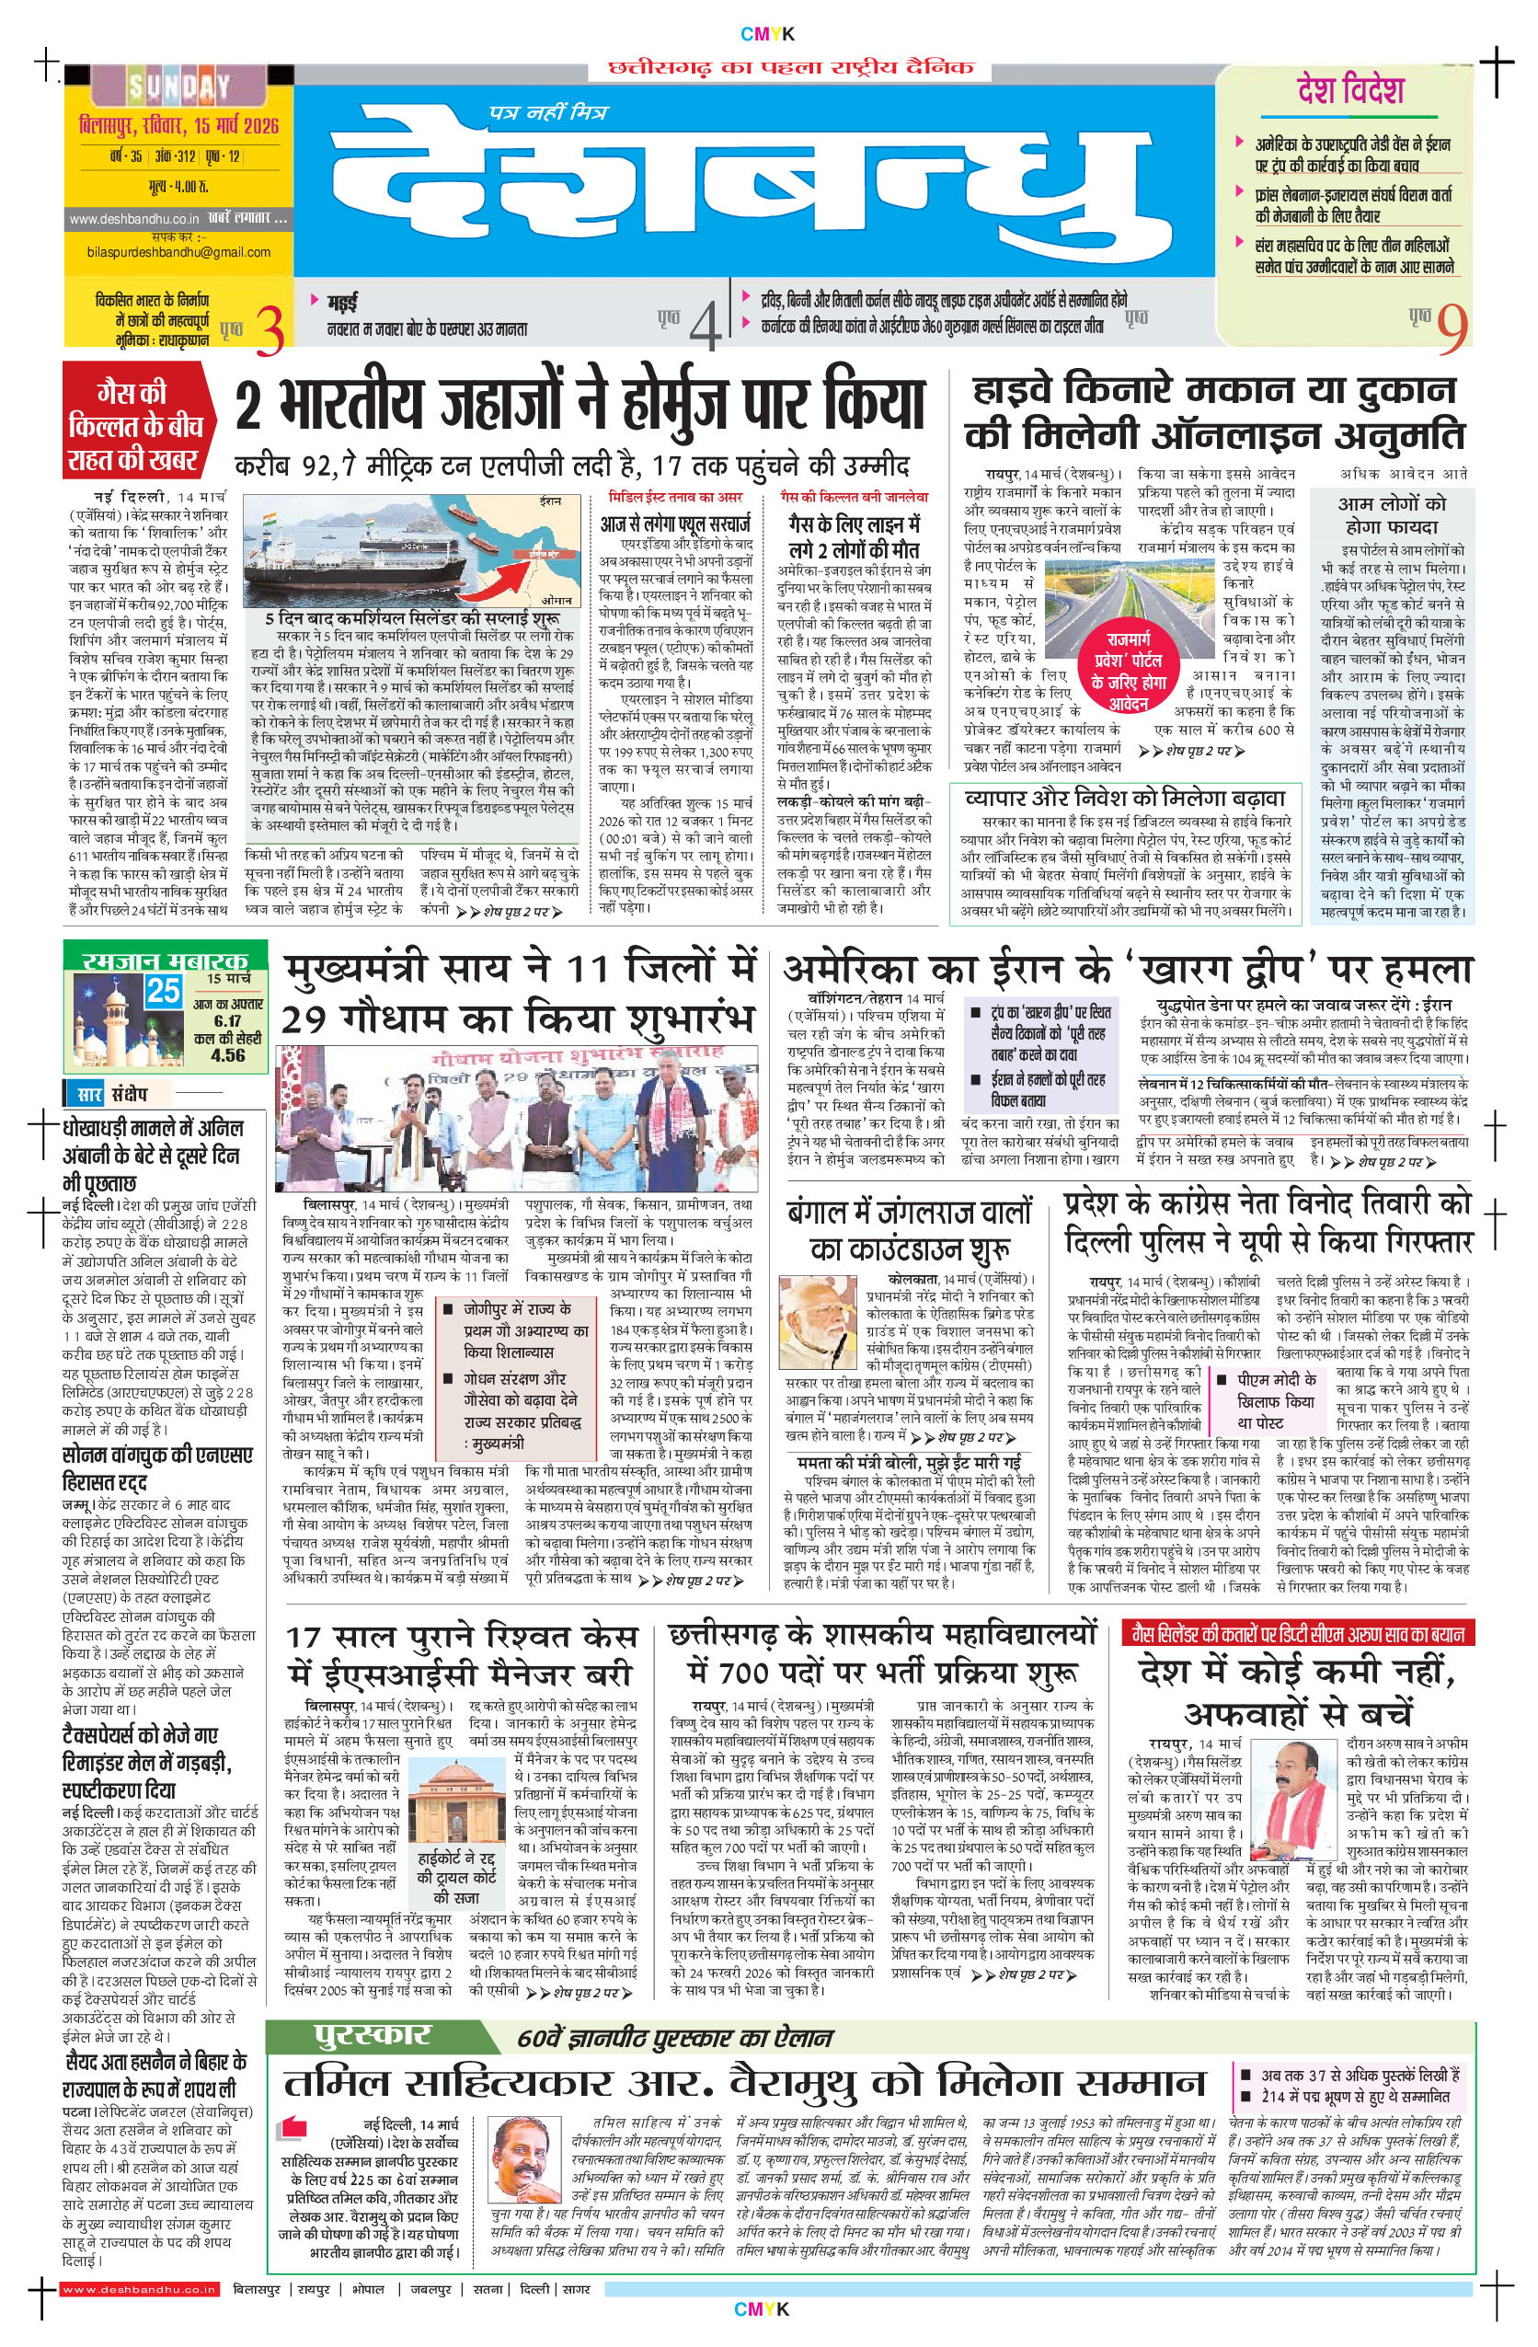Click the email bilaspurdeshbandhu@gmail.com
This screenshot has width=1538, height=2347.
click(178, 252)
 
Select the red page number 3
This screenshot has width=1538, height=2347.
click(270, 329)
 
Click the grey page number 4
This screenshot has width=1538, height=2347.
click(704, 327)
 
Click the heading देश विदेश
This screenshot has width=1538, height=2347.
click(1349, 91)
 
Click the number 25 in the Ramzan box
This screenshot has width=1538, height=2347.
click(163, 990)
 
